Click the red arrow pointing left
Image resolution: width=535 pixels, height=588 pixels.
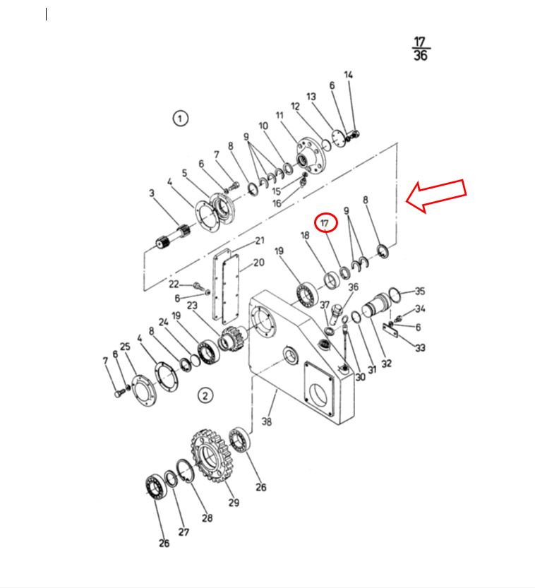click(x=437, y=195)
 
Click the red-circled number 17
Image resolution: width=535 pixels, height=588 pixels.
click(x=325, y=223)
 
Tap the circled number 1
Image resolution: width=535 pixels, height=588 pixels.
click(x=180, y=119)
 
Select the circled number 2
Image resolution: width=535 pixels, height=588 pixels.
click(x=205, y=395)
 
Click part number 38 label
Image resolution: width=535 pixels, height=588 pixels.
click(x=267, y=421)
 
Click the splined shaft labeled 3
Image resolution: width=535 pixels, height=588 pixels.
click(x=173, y=236)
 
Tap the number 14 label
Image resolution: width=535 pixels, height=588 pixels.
click(x=349, y=75)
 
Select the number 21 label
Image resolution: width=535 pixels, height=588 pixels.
click(x=260, y=241)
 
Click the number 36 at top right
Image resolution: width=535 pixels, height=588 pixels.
click(x=421, y=56)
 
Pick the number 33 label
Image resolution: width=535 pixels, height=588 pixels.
click(x=420, y=347)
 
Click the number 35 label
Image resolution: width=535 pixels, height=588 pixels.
click(x=420, y=291)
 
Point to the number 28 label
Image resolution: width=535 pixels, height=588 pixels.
click(x=208, y=518)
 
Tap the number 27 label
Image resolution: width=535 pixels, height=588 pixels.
click(x=184, y=532)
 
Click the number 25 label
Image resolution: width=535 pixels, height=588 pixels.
click(x=125, y=346)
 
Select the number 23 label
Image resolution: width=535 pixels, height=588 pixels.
click(x=192, y=305)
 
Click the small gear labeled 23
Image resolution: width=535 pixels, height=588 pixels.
click(x=231, y=339)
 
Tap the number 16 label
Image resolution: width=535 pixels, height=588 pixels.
click(x=277, y=203)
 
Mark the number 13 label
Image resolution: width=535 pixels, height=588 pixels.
click(x=311, y=97)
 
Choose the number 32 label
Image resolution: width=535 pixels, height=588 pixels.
click(x=387, y=363)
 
